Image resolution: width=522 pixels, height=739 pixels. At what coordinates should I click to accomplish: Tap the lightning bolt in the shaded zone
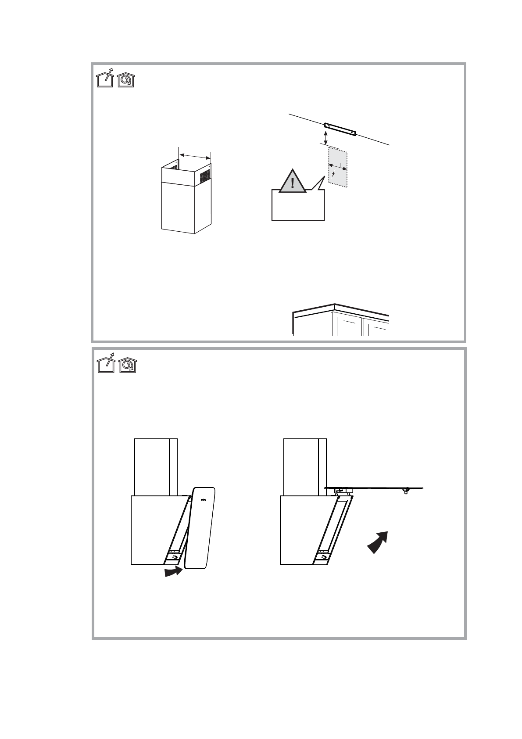tap(334, 174)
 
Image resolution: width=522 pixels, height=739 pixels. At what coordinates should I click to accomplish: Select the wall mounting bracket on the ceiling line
tap(340, 129)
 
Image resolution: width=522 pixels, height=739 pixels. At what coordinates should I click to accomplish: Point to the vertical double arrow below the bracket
tap(325, 137)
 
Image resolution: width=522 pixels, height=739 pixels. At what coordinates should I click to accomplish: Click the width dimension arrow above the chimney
tap(195, 156)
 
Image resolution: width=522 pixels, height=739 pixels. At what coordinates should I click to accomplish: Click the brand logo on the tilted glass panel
tap(203, 499)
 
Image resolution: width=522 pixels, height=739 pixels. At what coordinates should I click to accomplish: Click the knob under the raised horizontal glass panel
tap(406, 491)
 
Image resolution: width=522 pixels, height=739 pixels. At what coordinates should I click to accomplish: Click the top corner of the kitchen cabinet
tap(335, 305)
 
